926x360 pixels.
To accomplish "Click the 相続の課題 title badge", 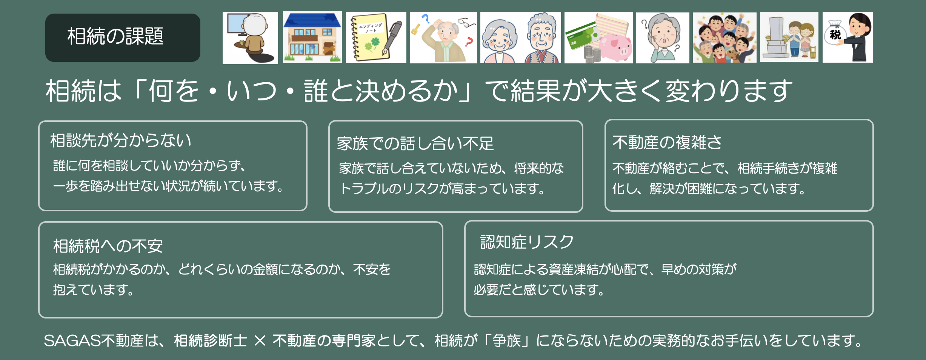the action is [123, 38].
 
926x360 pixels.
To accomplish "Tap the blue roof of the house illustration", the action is [312, 20].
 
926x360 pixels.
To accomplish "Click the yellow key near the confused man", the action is [416, 29].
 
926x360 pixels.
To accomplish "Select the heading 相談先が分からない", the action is [121, 140].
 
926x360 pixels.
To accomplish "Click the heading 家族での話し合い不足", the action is [415, 143].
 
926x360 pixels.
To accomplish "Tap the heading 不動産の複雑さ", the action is [667, 142].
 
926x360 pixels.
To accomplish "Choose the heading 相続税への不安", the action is [108, 246].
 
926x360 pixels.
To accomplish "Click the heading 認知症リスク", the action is [527, 242].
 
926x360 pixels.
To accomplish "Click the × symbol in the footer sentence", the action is [260, 341].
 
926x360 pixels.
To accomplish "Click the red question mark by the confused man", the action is [469, 41].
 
